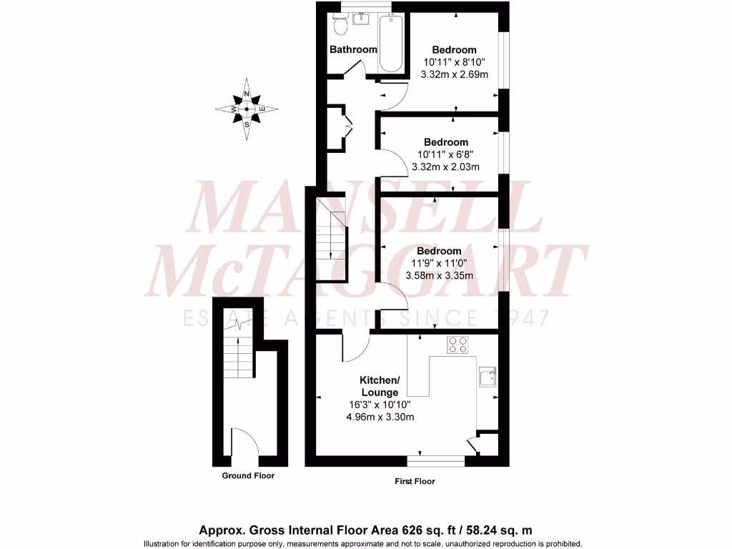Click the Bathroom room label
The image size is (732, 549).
click(352, 49)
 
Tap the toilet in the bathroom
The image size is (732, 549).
click(340, 26)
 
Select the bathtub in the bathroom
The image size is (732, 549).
click(391, 44)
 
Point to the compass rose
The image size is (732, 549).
click(247, 109)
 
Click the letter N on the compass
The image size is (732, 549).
click(247, 94)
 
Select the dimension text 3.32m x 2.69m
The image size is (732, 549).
click(454, 74)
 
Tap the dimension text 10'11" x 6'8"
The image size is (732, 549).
click(445, 154)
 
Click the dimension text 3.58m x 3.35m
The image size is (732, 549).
click(439, 274)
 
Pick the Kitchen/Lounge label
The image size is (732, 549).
click(380, 386)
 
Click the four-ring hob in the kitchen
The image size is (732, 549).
click(457, 345)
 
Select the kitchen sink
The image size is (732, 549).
click(487, 377)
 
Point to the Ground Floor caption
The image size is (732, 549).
click(248, 475)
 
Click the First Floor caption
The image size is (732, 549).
click(415, 481)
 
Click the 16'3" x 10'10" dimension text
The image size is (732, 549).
click(380, 405)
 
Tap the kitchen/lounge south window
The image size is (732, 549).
click(435, 460)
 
